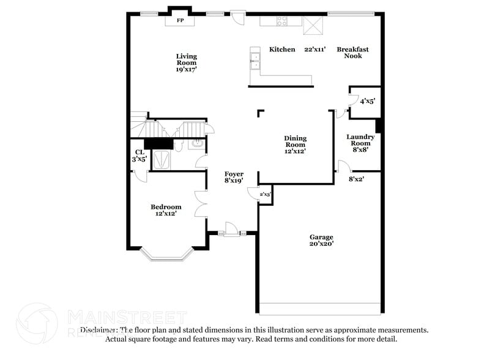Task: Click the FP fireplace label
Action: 181,21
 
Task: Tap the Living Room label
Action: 186,62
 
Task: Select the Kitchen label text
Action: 282,50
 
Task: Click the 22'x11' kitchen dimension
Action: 315,50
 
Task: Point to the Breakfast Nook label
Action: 352,53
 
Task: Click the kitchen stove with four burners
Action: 282,21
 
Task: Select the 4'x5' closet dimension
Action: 367,101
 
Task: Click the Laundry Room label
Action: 360,143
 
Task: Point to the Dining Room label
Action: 295,144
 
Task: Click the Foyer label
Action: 234,178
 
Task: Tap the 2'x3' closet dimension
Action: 265,195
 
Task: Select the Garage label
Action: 321,240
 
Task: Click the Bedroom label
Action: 166,210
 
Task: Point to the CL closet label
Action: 139,156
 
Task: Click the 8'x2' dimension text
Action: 356,179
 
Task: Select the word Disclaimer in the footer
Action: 91,330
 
